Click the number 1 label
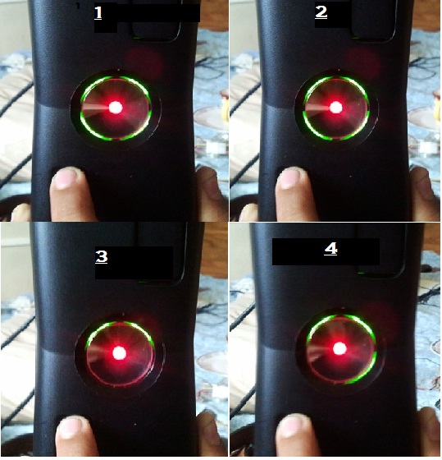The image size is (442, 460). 98,13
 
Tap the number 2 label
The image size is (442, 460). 321,12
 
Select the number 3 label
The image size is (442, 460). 102,256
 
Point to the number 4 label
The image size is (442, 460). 330,249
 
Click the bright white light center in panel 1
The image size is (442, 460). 116,108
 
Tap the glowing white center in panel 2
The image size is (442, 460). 335,108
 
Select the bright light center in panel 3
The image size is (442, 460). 119,352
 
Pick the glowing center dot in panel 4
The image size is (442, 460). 339,349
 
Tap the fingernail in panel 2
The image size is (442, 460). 292,177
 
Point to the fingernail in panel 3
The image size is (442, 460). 72,427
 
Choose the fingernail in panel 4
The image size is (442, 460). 294,426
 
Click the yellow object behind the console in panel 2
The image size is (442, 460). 225,106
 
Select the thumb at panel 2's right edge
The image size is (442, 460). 426,194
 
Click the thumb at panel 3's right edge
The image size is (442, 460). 212,435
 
